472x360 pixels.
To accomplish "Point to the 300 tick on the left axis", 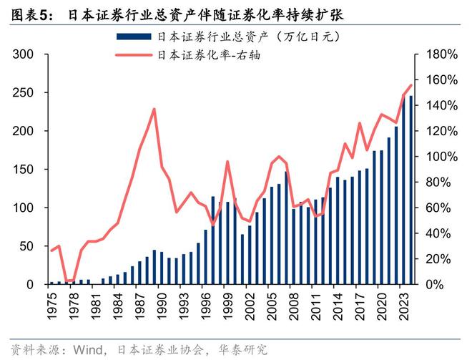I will click(24, 55).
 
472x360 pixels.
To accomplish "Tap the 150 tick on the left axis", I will click(24, 170).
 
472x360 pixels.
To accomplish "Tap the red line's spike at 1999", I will click(227, 162).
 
